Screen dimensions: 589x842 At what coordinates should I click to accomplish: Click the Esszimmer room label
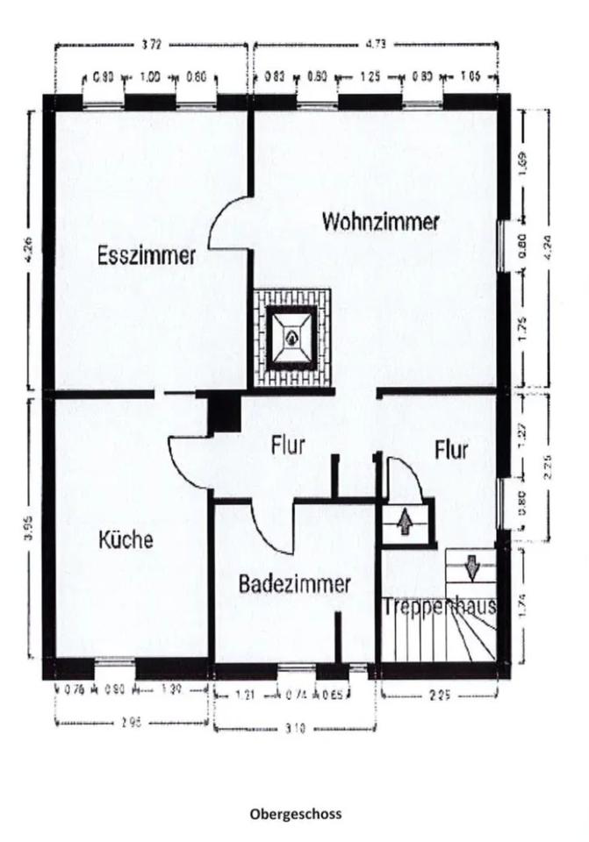coord(147,256)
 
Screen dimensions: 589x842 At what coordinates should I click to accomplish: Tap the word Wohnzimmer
coord(380,222)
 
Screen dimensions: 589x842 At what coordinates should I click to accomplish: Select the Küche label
coord(126,539)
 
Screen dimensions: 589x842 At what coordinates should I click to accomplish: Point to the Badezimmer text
coord(295,583)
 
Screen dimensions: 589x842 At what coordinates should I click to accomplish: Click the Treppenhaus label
coord(440,606)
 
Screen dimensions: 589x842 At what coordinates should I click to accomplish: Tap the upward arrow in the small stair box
coord(405,523)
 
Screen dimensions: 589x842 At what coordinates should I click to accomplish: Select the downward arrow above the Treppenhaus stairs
coord(472,567)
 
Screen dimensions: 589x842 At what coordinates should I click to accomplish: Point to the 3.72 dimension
coord(153,41)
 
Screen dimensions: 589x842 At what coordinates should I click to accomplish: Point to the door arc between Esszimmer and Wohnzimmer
coord(226,223)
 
